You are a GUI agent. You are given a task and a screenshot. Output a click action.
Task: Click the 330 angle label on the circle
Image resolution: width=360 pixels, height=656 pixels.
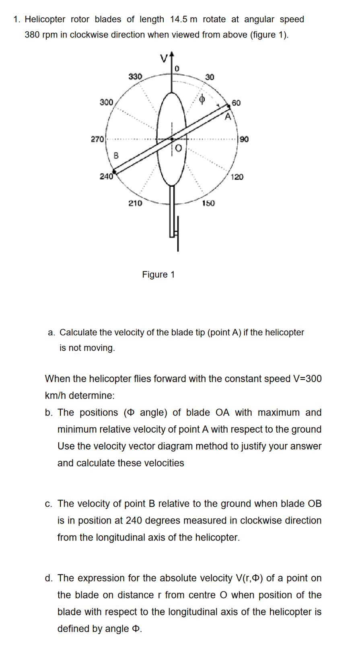point(135,76)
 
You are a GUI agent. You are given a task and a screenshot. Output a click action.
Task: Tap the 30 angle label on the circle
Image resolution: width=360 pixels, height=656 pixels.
point(210,77)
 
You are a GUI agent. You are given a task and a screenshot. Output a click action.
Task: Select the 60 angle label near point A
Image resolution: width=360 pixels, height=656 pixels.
point(236,103)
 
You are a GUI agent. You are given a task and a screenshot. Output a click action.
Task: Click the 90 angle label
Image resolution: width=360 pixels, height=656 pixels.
point(244,139)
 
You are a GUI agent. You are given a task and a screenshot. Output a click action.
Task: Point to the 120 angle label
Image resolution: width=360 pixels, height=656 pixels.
point(237,177)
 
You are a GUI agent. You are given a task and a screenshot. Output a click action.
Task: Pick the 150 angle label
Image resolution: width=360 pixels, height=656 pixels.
point(208,203)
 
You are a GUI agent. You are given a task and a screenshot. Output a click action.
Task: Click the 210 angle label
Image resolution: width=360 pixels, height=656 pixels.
point(135,203)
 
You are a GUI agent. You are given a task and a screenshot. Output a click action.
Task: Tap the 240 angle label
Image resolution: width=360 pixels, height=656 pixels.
point(106,176)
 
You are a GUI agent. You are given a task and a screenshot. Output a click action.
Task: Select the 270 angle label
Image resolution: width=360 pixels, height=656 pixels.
point(97,139)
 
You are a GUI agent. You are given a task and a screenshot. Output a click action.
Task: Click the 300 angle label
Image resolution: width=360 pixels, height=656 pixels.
point(106,102)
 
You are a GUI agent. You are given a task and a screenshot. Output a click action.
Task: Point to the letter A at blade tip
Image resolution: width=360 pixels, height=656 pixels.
point(228,117)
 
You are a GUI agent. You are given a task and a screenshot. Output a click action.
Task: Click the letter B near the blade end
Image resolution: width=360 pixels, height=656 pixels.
point(116,155)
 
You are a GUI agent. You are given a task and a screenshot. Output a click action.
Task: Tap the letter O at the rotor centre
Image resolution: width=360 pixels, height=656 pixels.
point(179,149)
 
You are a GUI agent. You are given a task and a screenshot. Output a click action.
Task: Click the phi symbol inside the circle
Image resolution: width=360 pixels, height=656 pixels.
point(202,99)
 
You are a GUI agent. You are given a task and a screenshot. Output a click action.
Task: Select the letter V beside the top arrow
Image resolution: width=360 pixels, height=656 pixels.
point(164,59)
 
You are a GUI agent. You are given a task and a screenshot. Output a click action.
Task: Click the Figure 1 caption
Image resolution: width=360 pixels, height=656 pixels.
point(158,274)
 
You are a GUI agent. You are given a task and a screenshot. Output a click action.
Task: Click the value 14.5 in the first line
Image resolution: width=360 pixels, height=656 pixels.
point(179,19)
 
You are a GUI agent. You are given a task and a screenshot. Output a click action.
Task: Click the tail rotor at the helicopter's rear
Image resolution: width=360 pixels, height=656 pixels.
point(177,233)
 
